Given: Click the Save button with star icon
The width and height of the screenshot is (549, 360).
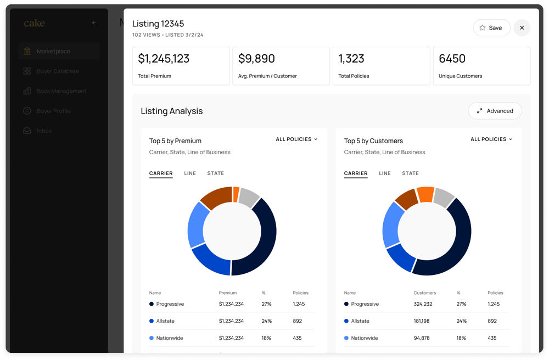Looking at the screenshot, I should pyautogui.click(x=491, y=28).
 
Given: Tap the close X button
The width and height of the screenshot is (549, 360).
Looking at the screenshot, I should pyautogui.click(x=522, y=28).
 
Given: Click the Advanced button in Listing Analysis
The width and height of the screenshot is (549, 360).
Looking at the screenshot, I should pyautogui.click(x=495, y=111).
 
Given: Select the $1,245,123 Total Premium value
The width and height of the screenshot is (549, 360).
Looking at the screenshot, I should pyautogui.click(x=164, y=59).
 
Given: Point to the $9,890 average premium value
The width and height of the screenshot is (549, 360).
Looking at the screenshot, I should pyautogui.click(x=256, y=59).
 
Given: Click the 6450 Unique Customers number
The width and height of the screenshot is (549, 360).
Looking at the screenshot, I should pyautogui.click(x=452, y=59).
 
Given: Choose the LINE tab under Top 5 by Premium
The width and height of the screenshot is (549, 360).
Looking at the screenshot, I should pyautogui.click(x=190, y=173).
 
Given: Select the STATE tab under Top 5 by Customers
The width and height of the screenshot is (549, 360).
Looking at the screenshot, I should pyautogui.click(x=410, y=173).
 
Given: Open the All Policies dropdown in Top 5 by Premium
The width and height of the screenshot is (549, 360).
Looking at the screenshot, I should pyautogui.click(x=296, y=139).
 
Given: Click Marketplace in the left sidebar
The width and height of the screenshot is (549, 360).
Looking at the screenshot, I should pyautogui.click(x=53, y=52).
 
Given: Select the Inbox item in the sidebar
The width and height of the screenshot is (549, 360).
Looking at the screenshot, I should pyautogui.click(x=44, y=131).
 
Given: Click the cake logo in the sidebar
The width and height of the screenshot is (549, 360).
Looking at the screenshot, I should pyautogui.click(x=35, y=23).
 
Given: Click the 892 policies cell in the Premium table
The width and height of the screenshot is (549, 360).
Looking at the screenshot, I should pyautogui.click(x=298, y=321).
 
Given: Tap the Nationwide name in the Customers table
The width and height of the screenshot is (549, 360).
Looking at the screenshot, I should pyautogui.click(x=365, y=338).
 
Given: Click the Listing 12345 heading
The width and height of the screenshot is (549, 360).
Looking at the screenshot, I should pyautogui.click(x=158, y=24).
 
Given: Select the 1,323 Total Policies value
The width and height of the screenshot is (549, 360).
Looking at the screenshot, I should pyautogui.click(x=351, y=59).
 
